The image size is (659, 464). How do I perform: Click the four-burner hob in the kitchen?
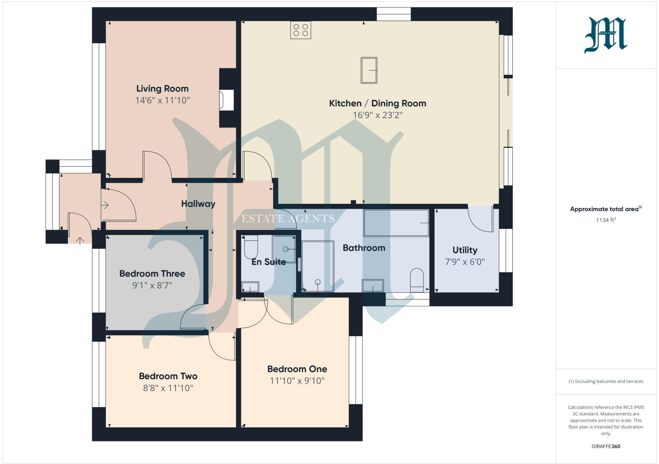click(x=300, y=30)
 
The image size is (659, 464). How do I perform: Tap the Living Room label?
click(x=162, y=89)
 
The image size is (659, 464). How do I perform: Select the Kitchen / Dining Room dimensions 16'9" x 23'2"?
click(x=377, y=115)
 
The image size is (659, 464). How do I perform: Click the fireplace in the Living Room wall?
click(x=226, y=100)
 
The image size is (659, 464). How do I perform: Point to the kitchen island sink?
click(x=369, y=70)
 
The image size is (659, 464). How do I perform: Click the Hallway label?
click(x=198, y=204)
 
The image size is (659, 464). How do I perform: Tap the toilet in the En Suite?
click(x=251, y=247)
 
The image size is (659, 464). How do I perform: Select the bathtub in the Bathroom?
click(x=396, y=223)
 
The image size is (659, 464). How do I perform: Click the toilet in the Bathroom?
click(x=417, y=280)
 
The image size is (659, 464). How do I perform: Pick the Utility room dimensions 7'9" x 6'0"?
click(x=465, y=262)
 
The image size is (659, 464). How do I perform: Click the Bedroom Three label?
click(x=152, y=274)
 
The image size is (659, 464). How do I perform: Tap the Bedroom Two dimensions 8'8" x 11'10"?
click(x=168, y=388)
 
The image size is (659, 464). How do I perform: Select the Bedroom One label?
click(x=297, y=369)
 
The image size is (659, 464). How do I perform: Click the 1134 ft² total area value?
click(x=605, y=220)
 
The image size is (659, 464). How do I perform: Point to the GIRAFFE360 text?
click(x=605, y=446)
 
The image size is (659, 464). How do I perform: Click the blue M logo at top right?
click(x=605, y=35)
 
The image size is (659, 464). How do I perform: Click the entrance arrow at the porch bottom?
click(x=79, y=240)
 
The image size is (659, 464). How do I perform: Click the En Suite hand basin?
click(x=250, y=287)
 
